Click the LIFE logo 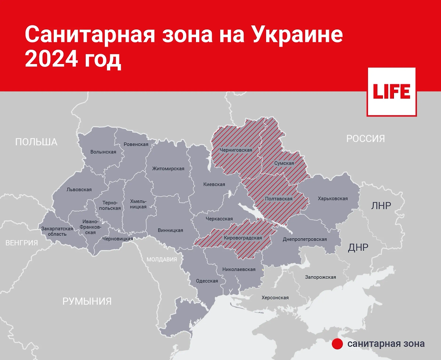pyautogui.click(x=391, y=92)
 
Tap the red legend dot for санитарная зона pyautogui.click(x=337, y=344)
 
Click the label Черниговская pyautogui.click(x=236, y=150)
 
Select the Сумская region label pyautogui.click(x=284, y=163)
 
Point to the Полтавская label pyautogui.click(x=279, y=199)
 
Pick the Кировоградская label pyautogui.click(x=243, y=238)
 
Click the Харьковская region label pyautogui.click(x=333, y=199)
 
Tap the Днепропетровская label pyautogui.click(x=305, y=239)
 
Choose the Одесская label pyautogui.click(x=207, y=281)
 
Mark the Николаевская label pyautogui.click(x=239, y=270)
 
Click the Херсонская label pyautogui.click(x=275, y=297)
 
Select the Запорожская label pyautogui.click(x=320, y=277)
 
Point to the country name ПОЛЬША pyautogui.click(x=36, y=142)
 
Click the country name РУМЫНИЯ pyautogui.click(x=87, y=302)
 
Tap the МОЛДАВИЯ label pyautogui.click(x=162, y=259)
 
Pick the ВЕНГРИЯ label pyautogui.click(x=22, y=243)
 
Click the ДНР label pyautogui.click(x=358, y=247)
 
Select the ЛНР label pyautogui.click(x=381, y=206)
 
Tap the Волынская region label pyautogui.click(x=103, y=152)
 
